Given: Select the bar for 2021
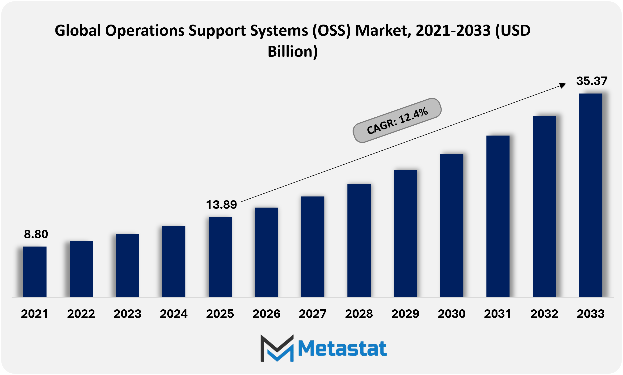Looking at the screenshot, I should coord(35,272).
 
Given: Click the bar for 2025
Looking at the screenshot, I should coord(220,257).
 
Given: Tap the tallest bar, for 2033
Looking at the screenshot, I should coord(590,195).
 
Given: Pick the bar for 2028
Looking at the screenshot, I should coord(359,241).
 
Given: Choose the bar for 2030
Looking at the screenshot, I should coord(451,225).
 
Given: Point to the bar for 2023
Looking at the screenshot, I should coord(127,265).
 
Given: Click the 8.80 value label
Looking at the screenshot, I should coord(36,234).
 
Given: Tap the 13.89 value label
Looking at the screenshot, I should coord(221,205).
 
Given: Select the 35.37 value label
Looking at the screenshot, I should coord(591,81).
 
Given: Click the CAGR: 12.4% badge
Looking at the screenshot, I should coord(397,120).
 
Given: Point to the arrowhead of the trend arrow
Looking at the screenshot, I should coord(562,85).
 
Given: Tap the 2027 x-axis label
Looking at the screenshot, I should coord(313,314).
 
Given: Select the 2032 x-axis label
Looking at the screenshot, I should coord(544,314).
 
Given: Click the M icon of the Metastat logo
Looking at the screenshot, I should coord(277,348).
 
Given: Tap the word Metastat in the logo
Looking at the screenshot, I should coord(342,348).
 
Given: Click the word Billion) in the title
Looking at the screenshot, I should coord(292,51).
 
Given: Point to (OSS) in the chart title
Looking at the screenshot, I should coord(332,30).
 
